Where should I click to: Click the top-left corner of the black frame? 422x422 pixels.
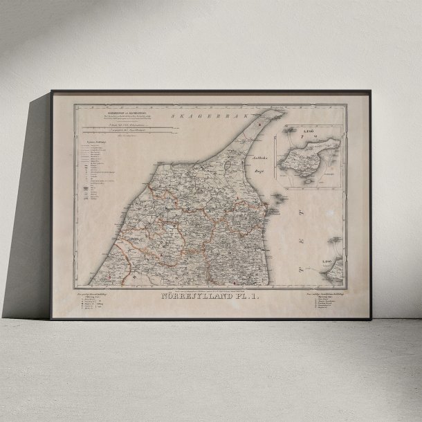[51, 92]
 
